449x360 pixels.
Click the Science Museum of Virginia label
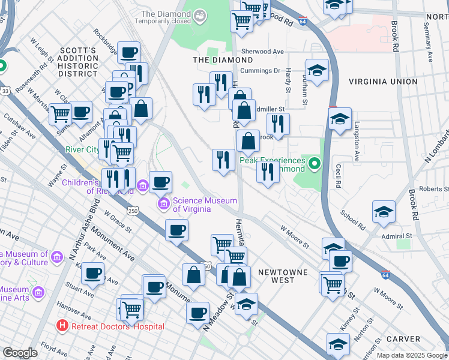(x=204, y=205)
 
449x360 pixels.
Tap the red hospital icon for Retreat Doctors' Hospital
(x=61, y=326)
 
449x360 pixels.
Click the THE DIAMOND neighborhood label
(x=223, y=60)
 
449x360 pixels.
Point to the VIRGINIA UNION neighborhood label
(x=382, y=82)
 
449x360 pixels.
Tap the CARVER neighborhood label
(x=403, y=339)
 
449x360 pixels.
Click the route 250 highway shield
(x=133, y=211)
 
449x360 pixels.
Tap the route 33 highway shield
(x=5, y=90)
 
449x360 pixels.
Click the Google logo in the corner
(x=20, y=353)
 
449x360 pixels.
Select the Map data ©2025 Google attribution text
(x=411, y=355)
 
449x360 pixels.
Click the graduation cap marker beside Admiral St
(x=384, y=212)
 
